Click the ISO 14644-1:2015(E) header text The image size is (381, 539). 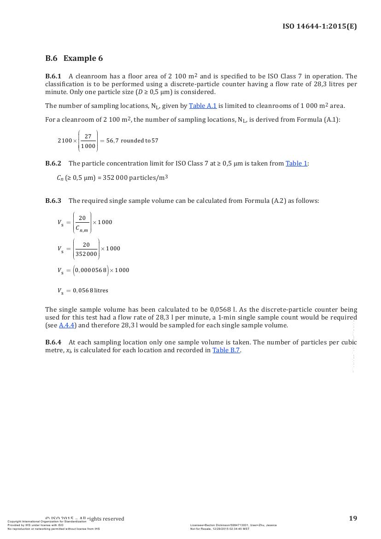point(319,26)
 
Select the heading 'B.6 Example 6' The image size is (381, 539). point(74,58)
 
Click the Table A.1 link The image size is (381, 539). point(203,106)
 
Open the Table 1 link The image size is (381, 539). point(296,163)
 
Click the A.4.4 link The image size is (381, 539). point(67,325)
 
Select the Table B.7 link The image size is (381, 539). point(226,350)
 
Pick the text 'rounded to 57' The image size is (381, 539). point(139,141)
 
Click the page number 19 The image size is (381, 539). point(353,518)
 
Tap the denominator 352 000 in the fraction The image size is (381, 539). point(86,254)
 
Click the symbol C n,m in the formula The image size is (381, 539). point(82,228)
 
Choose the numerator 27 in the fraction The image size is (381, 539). point(88,136)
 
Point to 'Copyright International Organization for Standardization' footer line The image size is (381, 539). point(47,521)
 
